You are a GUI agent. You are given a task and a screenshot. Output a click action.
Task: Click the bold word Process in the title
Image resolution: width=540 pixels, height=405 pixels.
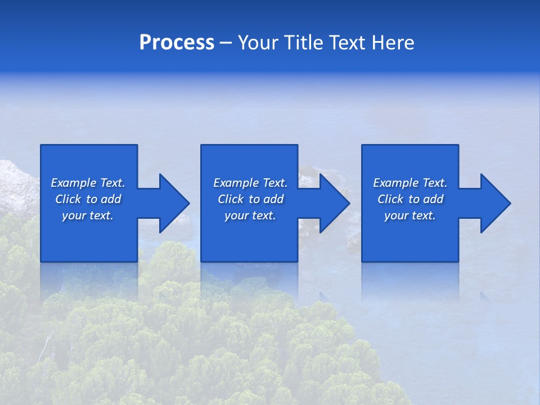177,43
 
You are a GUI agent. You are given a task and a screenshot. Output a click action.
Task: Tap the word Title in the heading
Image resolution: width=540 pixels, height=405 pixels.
304,43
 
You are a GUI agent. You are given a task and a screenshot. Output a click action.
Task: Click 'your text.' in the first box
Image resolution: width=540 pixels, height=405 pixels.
88,215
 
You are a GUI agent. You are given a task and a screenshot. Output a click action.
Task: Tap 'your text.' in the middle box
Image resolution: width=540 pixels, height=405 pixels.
250,215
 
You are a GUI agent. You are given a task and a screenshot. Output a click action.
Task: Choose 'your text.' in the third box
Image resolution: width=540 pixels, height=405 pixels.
410,215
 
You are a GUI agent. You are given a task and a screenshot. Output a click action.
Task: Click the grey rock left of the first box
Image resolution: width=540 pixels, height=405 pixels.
17,186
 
